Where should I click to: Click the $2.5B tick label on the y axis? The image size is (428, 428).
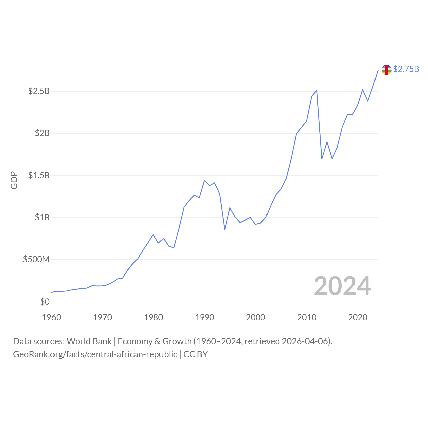click(x=39, y=91)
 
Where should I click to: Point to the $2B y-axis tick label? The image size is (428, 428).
click(x=42, y=133)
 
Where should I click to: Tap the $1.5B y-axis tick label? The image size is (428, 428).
click(x=39, y=175)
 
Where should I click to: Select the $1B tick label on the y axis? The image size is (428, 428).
click(x=42, y=217)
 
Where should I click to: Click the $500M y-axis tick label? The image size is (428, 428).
click(x=36, y=259)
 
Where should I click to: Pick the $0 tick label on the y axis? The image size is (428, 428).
click(x=45, y=302)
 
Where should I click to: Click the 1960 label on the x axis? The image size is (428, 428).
click(x=51, y=317)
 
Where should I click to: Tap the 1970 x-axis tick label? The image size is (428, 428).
click(x=102, y=317)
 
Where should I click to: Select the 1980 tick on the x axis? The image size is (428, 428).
click(x=153, y=317)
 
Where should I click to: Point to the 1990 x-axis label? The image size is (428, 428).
click(x=205, y=317)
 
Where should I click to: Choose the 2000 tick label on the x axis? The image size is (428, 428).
click(x=255, y=317)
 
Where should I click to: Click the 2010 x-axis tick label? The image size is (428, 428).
click(x=307, y=317)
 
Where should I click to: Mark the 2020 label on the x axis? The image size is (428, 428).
click(x=358, y=317)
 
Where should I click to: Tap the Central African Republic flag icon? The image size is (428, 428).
click(x=386, y=70)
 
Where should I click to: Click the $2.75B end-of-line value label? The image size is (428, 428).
click(x=406, y=69)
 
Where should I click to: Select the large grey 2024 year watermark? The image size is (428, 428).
click(x=342, y=286)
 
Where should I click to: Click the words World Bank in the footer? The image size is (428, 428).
click(x=89, y=341)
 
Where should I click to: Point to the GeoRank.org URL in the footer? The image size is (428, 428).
click(x=95, y=354)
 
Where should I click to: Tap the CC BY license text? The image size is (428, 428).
click(x=195, y=354)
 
